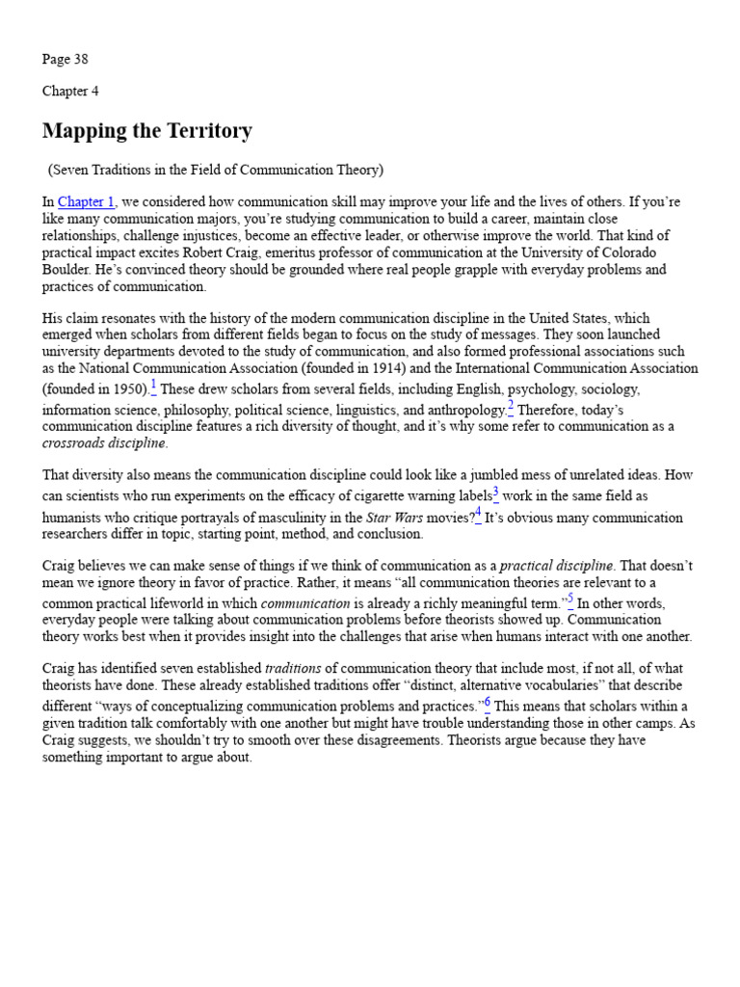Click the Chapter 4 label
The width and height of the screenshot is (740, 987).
(70, 92)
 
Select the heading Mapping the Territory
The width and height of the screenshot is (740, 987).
(147, 131)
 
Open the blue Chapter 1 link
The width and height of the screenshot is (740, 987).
(87, 202)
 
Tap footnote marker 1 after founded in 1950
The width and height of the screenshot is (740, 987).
(153, 387)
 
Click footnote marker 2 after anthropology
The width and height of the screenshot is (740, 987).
(511, 407)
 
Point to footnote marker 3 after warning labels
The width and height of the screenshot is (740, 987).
(496, 493)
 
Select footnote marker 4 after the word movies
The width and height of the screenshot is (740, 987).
(478, 514)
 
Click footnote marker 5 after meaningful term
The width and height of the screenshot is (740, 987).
(570, 600)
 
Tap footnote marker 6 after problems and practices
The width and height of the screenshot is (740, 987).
(488, 703)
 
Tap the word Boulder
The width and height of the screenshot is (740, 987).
(67, 271)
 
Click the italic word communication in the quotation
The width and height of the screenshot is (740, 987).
(305, 603)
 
